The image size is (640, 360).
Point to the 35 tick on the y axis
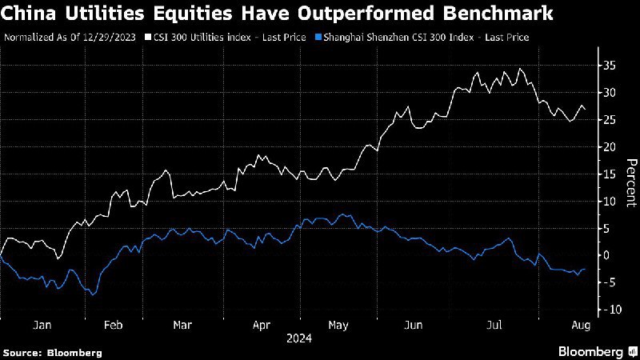click(610, 66)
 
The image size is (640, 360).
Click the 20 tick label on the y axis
click(610, 147)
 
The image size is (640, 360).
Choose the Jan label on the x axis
click(42, 326)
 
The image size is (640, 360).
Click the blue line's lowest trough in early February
click(94, 295)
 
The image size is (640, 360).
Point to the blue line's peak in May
click(342, 214)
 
